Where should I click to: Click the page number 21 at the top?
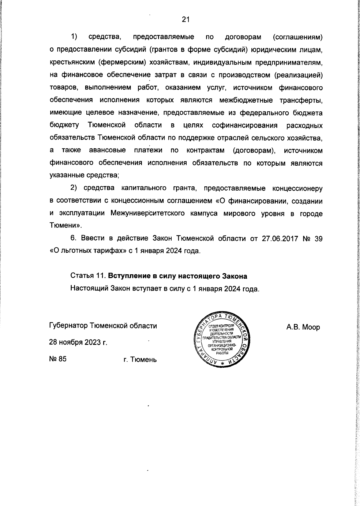[x=185, y=20]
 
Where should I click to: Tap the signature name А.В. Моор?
[x=303, y=327]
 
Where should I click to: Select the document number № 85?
[x=58, y=359]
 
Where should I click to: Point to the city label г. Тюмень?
[x=140, y=359]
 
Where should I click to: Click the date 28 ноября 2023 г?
[x=78, y=342]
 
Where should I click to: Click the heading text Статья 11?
[x=88, y=276]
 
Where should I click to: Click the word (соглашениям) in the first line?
[x=298, y=37]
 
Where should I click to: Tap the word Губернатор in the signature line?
[x=68, y=326]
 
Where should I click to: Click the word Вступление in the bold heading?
[x=125, y=276]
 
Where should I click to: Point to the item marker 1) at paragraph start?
[x=74, y=37]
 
